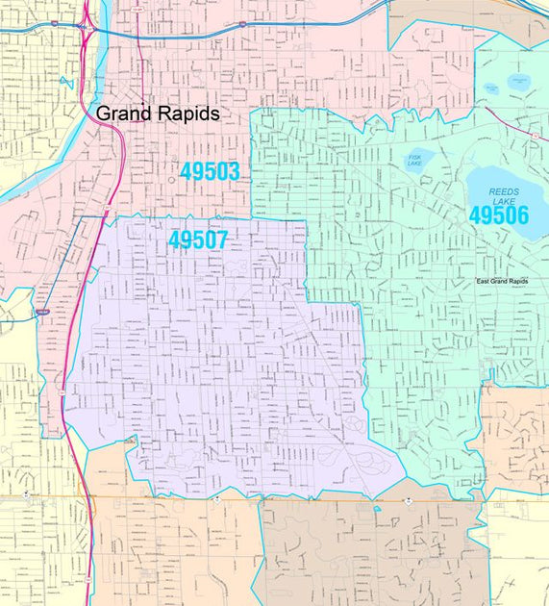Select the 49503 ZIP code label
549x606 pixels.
[x=210, y=172]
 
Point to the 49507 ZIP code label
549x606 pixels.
[x=198, y=240]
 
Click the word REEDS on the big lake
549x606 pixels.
[x=503, y=191]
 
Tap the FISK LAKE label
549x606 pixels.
[x=415, y=160]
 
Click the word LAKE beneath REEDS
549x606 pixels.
[x=503, y=202]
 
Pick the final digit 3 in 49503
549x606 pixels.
[x=233, y=172]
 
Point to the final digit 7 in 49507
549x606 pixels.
[x=221, y=240]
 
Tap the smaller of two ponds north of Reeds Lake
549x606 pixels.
[x=491, y=88]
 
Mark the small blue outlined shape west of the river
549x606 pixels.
[x=66, y=82]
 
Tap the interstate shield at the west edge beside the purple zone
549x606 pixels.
[x=40, y=312]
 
